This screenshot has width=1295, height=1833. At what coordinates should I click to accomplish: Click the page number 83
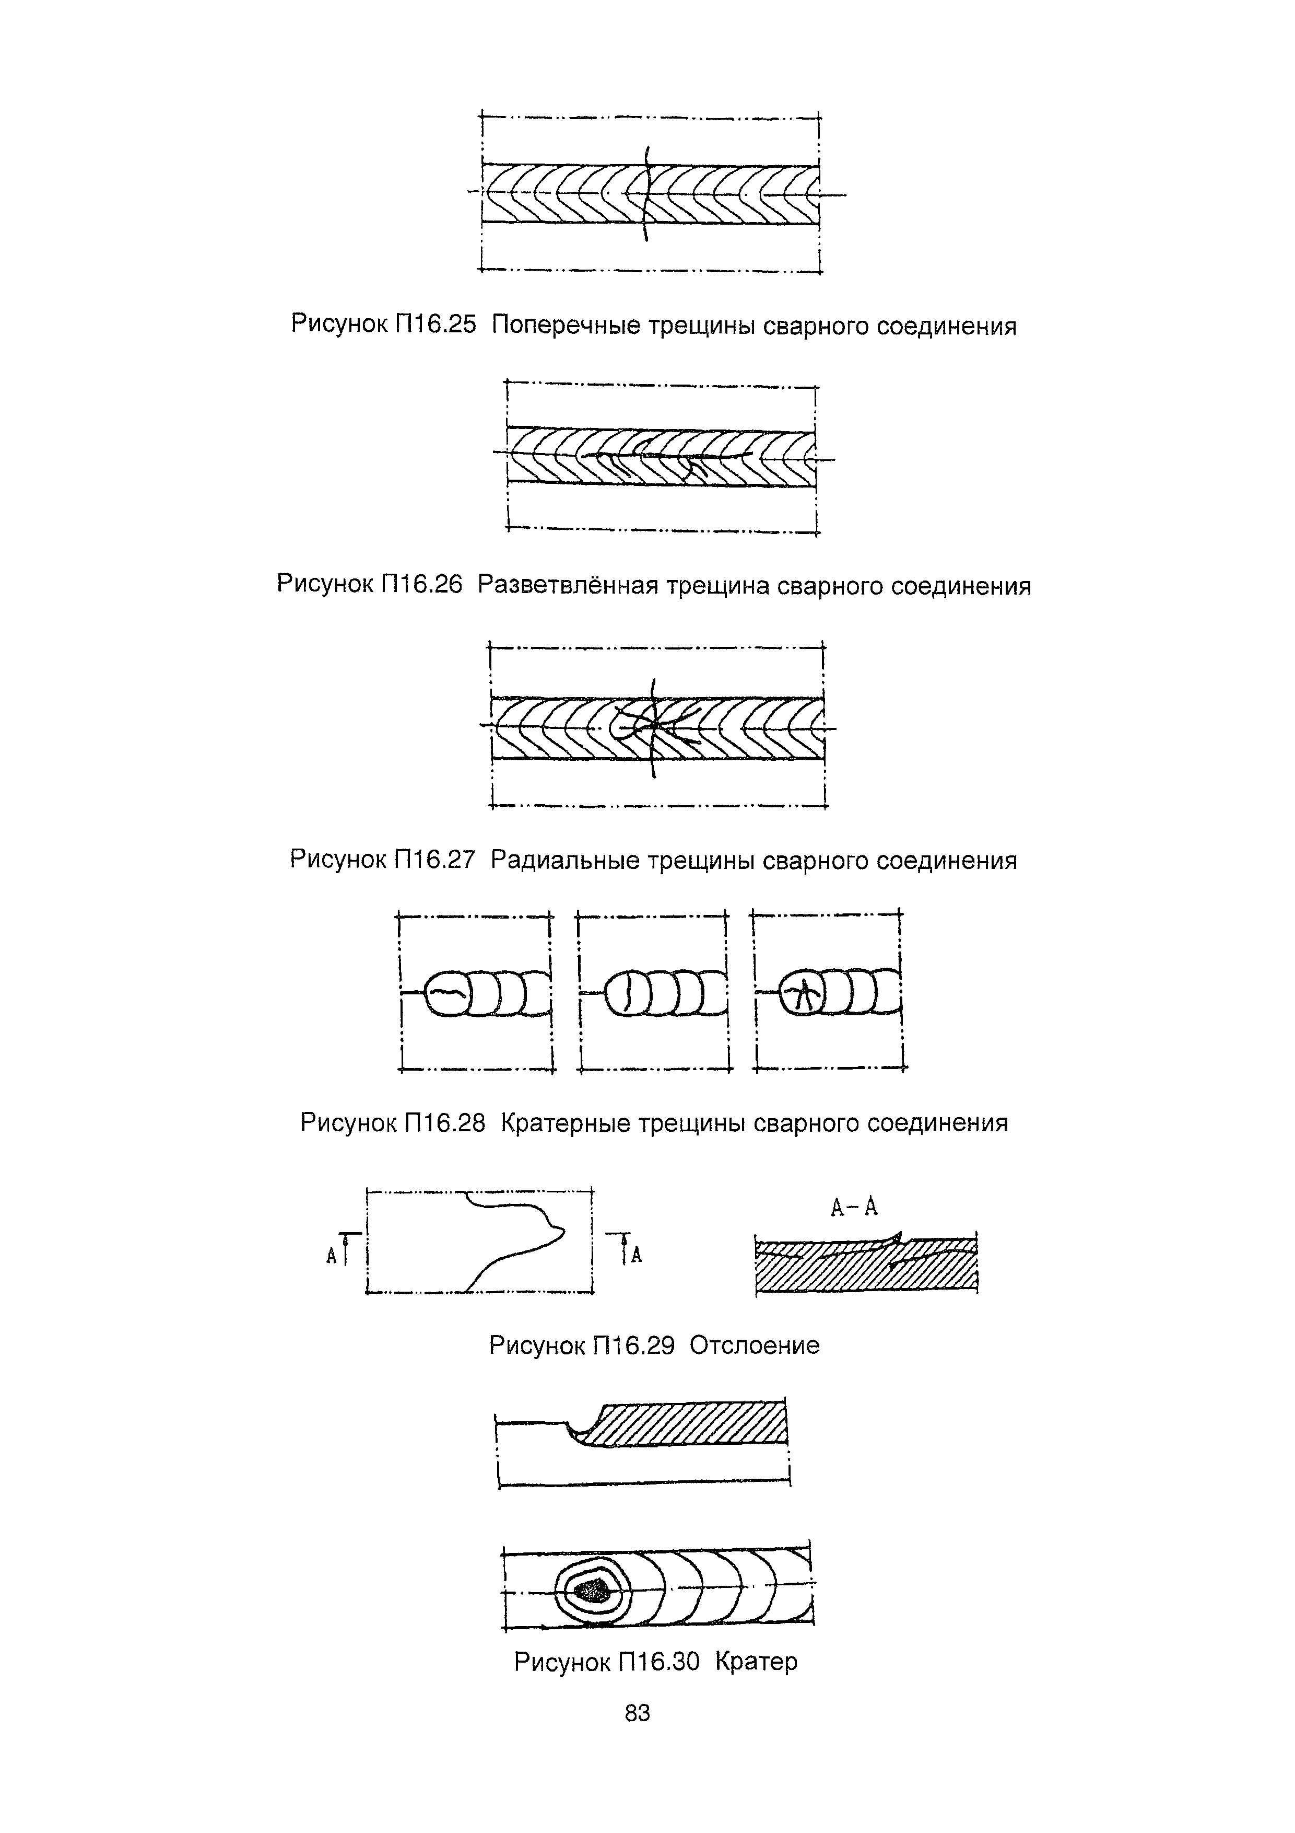pyautogui.click(x=638, y=1712)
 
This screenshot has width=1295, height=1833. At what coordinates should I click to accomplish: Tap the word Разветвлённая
pyautogui.click(x=568, y=585)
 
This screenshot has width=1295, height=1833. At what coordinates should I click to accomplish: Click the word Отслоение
pyautogui.click(x=754, y=1345)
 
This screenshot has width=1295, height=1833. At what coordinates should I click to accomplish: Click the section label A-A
pyautogui.click(x=854, y=1208)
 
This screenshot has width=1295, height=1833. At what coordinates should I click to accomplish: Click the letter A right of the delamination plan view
pyautogui.click(x=636, y=1257)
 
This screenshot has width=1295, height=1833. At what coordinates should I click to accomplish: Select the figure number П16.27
pyautogui.click(x=435, y=860)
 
